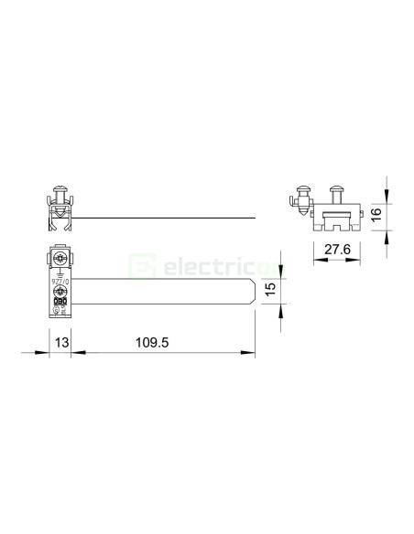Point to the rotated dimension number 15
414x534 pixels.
pos(269,290)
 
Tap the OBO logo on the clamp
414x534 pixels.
pos(61,301)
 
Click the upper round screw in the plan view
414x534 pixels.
pos(61,259)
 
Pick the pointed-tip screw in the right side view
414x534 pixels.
pos(304,198)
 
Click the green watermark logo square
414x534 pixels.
pos(141,266)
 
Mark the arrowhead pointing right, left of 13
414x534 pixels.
pos(46,353)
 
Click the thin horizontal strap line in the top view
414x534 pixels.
pos(165,217)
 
